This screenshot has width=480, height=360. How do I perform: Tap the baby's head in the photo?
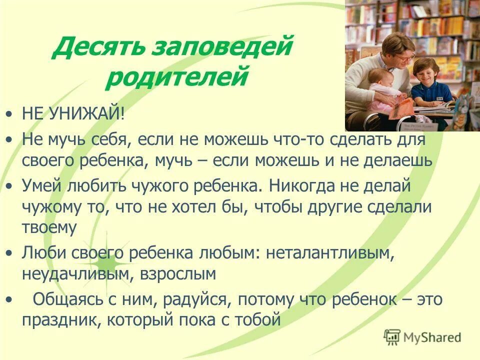(374, 79)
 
